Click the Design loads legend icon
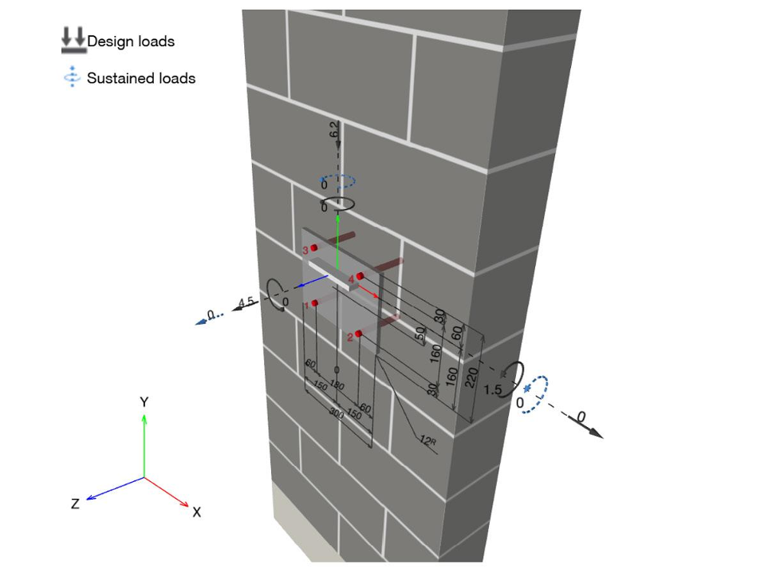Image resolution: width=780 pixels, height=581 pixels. pos(73,41)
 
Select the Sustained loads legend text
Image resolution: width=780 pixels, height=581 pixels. pos(141,78)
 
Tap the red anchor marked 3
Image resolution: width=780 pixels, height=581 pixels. pos(314,249)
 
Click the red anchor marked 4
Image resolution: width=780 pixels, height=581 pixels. pos(360,276)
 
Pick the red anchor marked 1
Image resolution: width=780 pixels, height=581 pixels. pos(316,303)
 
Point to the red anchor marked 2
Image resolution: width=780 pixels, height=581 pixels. pos(360,334)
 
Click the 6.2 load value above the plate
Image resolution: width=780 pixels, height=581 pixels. pos(334,131)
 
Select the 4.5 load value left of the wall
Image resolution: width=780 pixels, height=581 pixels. pos(246,302)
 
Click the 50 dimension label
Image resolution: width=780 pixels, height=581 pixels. pos(421,335)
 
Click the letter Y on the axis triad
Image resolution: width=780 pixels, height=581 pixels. pos(144,402)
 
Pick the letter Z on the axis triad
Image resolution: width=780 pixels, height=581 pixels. pos(75,504)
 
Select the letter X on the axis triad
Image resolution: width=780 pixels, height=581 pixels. pos(197,512)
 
